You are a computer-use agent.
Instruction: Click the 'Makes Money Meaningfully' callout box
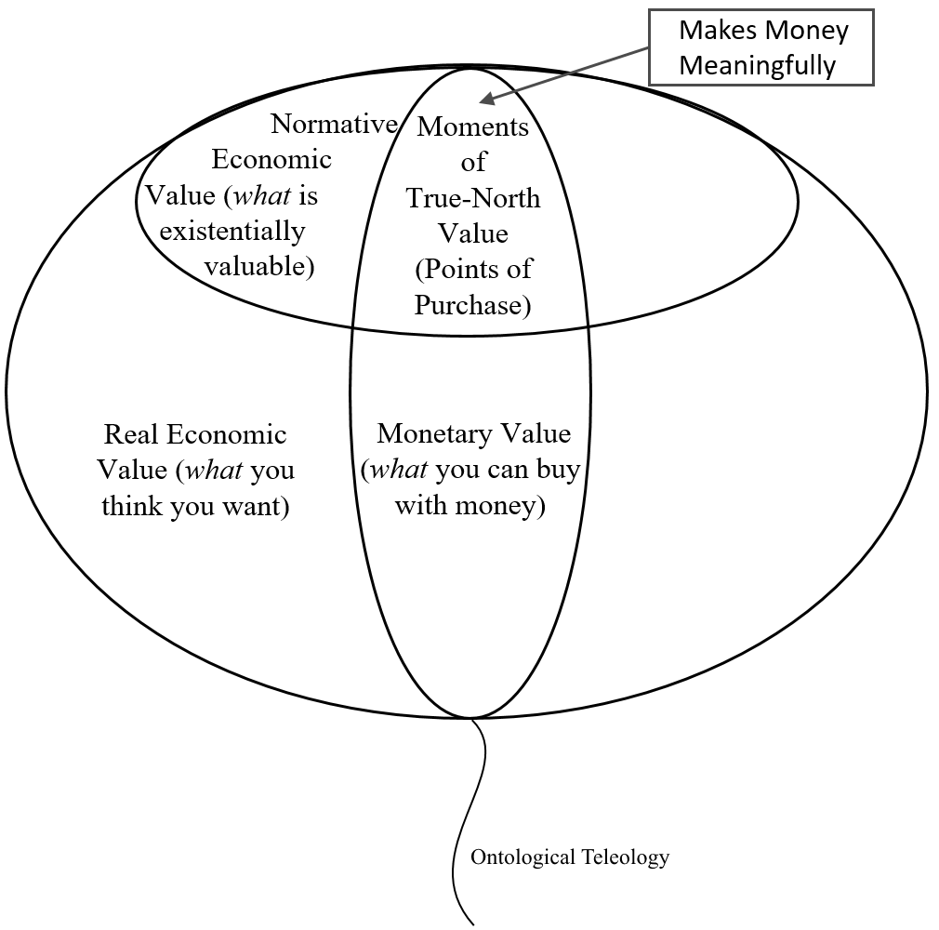(760, 47)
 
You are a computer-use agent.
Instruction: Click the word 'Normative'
(334, 125)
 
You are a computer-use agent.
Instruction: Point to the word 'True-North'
(472, 198)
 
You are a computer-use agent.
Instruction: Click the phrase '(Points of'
(473, 269)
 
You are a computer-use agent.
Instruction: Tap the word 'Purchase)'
(472, 304)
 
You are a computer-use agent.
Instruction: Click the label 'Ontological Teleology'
(569, 857)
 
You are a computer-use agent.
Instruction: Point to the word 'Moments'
(472, 126)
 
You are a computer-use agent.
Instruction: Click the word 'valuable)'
(259, 266)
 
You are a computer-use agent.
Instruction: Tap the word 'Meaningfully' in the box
(758, 66)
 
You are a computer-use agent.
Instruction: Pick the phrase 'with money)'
(469, 506)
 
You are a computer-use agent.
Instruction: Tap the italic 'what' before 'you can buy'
(399, 470)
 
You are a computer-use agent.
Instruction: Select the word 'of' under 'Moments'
(473, 163)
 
